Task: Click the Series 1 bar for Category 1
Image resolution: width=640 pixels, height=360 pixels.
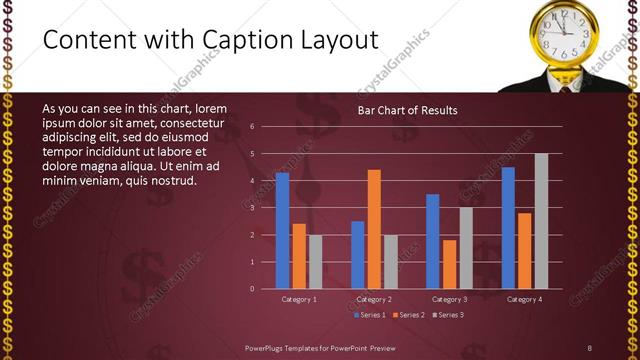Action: point(282,230)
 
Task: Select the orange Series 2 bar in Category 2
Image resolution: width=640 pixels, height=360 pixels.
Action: point(374,229)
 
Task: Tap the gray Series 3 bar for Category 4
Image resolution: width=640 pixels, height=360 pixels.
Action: point(541,221)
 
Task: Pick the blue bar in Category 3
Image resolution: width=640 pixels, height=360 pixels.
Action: point(432,241)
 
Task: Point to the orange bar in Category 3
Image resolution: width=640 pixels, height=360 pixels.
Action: point(449,264)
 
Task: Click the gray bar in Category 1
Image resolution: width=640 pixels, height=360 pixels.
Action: point(315,262)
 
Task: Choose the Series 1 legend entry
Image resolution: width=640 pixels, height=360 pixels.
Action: point(369,315)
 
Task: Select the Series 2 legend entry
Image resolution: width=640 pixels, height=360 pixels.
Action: point(408,315)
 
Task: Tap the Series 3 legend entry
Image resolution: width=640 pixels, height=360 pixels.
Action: point(447,315)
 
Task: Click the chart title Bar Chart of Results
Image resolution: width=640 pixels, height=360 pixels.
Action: point(407,110)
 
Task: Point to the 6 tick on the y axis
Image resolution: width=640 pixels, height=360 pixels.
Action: point(253,127)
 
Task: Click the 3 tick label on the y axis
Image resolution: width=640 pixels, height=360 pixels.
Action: point(253,208)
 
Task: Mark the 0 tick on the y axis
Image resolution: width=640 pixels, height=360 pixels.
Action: point(253,289)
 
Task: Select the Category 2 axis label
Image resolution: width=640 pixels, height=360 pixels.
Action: point(373,299)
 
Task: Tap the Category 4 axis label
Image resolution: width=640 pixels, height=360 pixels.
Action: point(524,299)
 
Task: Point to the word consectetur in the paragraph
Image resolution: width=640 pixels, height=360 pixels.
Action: point(206,123)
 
